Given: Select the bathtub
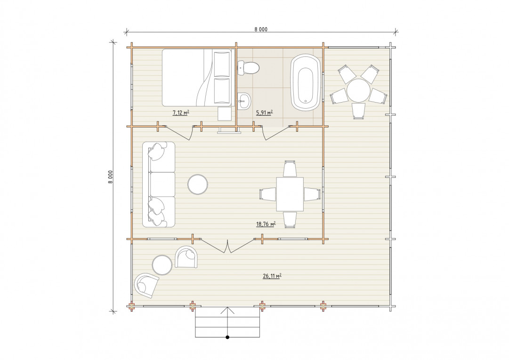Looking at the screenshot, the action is tap(306, 83).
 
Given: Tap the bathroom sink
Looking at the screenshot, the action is tap(244, 101).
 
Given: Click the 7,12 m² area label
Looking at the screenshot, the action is tap(181, 113).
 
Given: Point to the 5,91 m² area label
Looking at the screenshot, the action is tap(264, 113).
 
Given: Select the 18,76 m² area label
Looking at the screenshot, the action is tap(266, 224).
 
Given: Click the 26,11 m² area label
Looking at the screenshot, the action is tap(272, 276).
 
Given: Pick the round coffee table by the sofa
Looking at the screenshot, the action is tap(198, 184).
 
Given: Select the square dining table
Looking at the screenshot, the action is tap(290, 194).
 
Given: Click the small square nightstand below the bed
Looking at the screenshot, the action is tap(224, 114).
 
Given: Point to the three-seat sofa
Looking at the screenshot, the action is tap(159, 184).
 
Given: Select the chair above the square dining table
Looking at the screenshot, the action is tap(290, 168).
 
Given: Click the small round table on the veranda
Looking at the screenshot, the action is tap(162, 265).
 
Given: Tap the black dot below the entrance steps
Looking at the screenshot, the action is tap(227, 337).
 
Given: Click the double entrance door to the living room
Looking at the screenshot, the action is tap(228, 247).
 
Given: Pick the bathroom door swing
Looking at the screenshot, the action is tap(276, 134).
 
